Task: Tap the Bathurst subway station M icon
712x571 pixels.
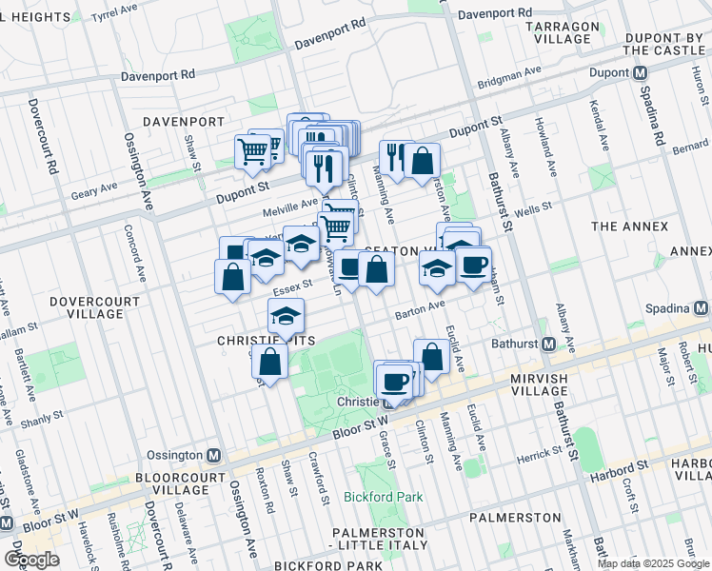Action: pyautogui.click(x=548, y=345)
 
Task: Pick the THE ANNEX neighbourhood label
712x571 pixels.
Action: pyautogui.click(x=625, y=226)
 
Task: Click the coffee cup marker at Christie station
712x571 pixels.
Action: pyautogui.click(x=394, y=383)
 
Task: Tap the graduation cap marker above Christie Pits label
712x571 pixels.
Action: pyautogui.click(x=286, y=315)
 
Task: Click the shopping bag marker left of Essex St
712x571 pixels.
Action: pyautogui.click(x=232, y=278)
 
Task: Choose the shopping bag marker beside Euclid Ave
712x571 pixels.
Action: pyautogui.click(x=431, y=357)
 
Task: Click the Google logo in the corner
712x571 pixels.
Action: pyautogui.click(x=31, y=560)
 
